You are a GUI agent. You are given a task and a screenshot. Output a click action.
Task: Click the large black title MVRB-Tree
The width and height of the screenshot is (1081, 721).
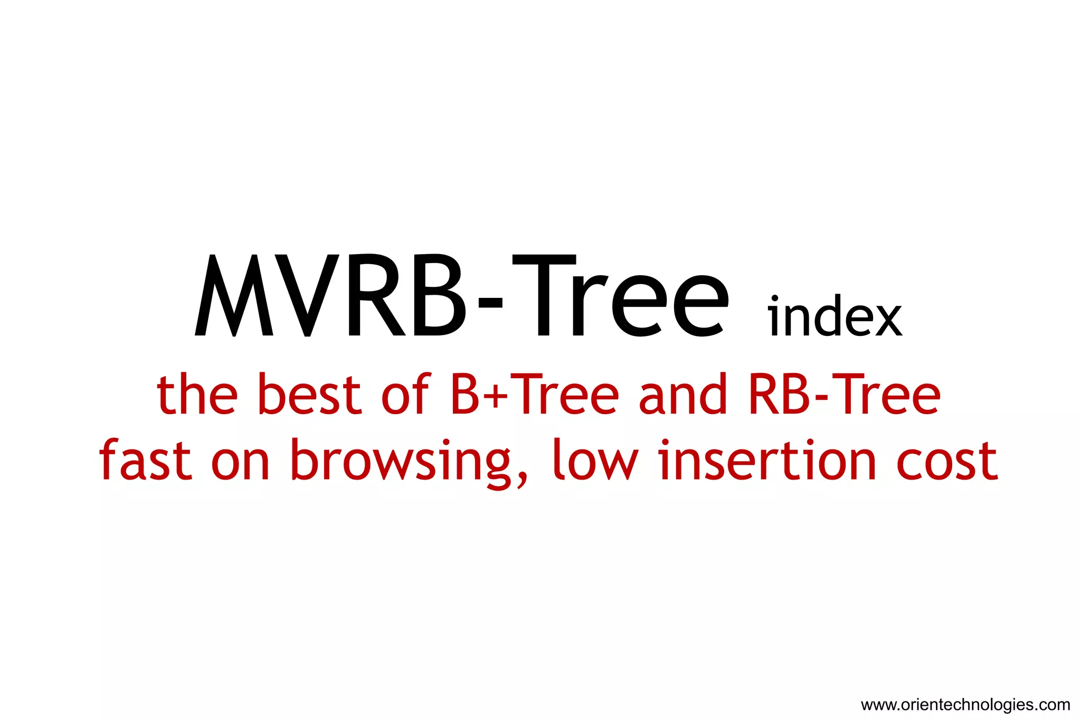tap(462, 296)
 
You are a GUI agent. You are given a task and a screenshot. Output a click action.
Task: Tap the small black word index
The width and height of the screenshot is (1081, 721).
tap(835, 317)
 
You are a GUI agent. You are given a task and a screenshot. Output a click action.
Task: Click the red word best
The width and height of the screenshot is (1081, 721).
tap(310, 394)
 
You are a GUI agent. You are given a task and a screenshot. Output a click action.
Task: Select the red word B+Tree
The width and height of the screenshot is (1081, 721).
tap(535, 394)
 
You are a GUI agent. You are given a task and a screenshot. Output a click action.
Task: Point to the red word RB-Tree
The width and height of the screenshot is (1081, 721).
tap(845, 394)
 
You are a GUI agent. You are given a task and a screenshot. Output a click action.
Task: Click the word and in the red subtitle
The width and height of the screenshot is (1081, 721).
tap(683, 394)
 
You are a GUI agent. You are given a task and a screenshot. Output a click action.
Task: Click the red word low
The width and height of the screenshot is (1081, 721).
tap(595, 460)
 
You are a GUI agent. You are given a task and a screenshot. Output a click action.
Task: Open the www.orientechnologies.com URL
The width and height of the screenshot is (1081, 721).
tap(965, 705)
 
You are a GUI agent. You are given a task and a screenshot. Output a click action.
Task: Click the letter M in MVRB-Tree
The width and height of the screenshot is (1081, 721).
tap(234, 296)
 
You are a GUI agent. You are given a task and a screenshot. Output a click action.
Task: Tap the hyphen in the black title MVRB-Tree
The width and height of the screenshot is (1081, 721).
tap(490, 304)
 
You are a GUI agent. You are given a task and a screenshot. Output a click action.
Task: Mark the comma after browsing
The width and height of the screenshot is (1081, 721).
tap(522, 478)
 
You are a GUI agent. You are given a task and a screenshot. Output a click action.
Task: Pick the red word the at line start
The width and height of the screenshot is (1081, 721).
tap(197, 394)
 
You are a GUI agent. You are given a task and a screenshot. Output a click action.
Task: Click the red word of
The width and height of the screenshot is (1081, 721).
tap(405, 394)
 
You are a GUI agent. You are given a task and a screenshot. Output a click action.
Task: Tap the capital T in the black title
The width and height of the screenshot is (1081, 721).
tap(544, 296)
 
